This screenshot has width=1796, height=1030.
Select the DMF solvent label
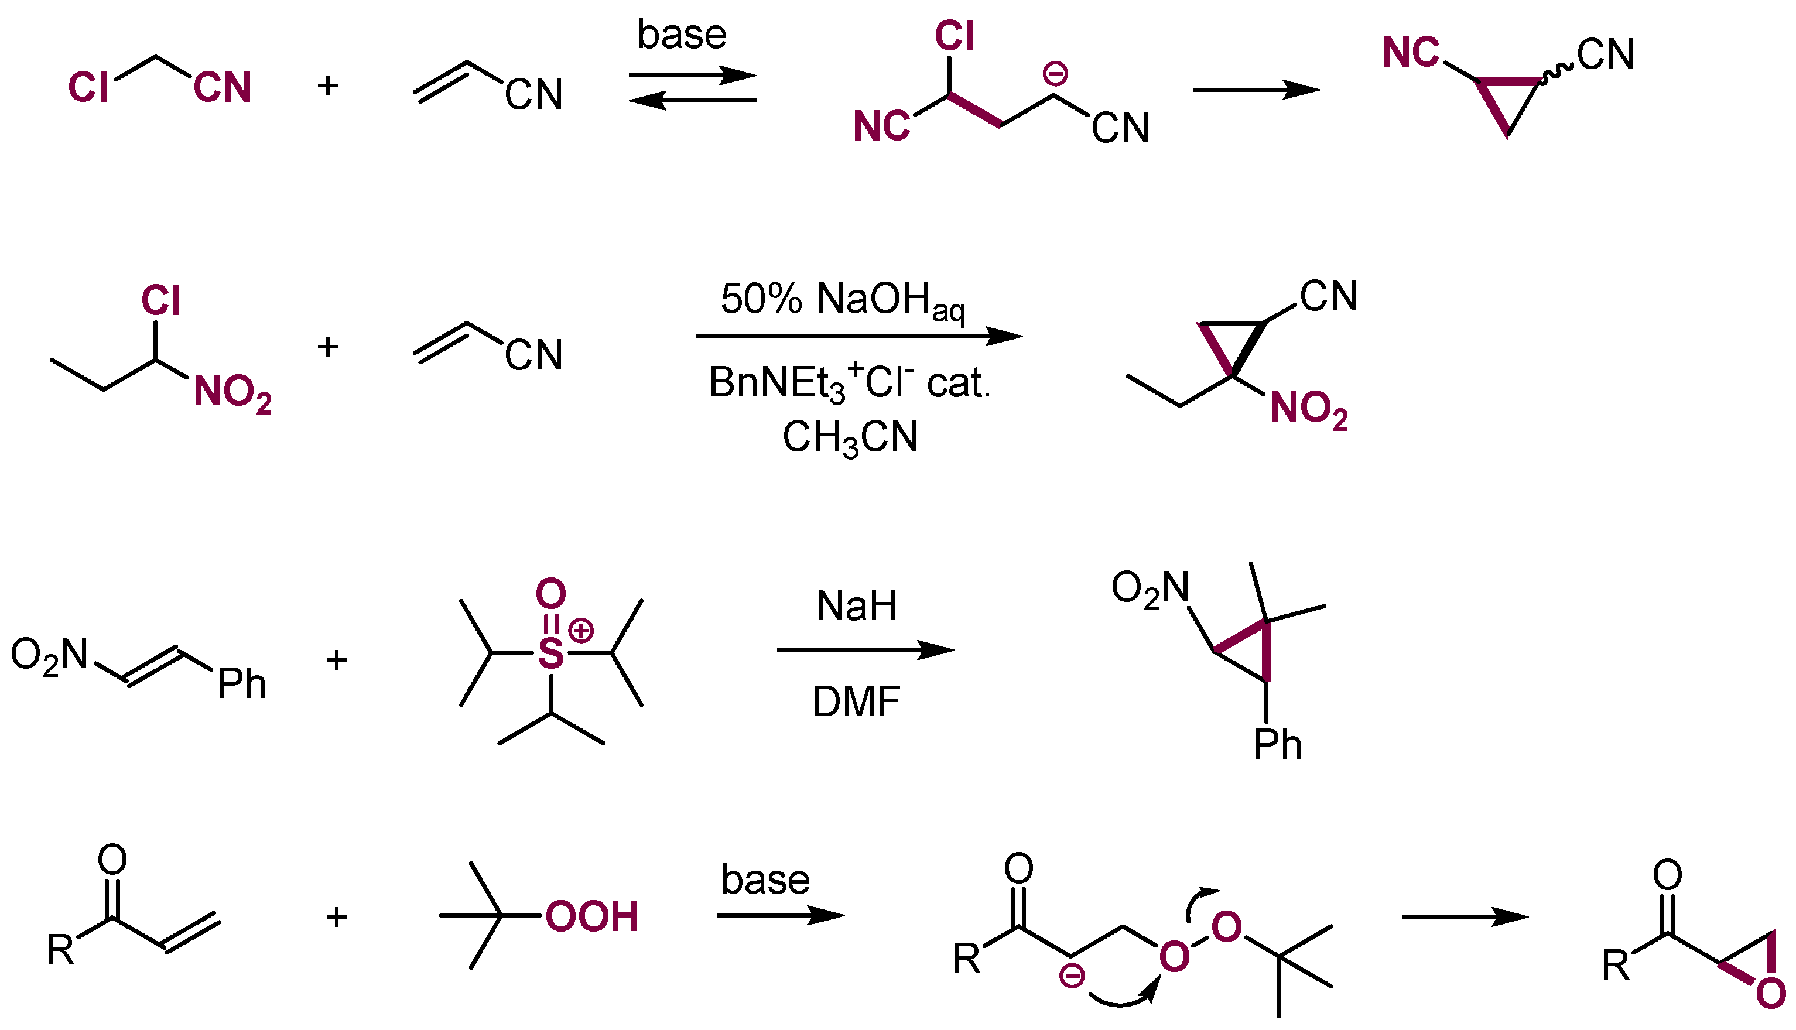(x=856, y=702)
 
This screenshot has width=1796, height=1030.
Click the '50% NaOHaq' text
(x=841, y=300)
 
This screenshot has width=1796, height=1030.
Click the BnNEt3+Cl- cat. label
(x=850, y=383)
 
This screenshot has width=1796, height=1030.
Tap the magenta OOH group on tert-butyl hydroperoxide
(x=591, y=917)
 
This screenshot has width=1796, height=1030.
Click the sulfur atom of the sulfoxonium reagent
(x=551, y=653)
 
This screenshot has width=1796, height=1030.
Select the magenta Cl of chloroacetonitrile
(x=88, y=88)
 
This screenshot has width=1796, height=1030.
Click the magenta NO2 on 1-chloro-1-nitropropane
(x=232, y=392)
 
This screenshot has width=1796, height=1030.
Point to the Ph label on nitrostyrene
(x=241, y=683)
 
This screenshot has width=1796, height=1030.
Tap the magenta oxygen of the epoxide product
(x=1771, y=994)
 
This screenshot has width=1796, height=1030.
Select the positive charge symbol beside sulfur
(x=581, y=629)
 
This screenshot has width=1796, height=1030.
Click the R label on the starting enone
(x=60, y=950)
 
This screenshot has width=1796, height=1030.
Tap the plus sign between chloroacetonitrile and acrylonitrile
(x=327, y=85)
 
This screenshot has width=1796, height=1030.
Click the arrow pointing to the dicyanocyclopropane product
(x=1256, y=90)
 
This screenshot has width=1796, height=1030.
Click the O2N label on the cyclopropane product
(x=1150, y=588)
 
